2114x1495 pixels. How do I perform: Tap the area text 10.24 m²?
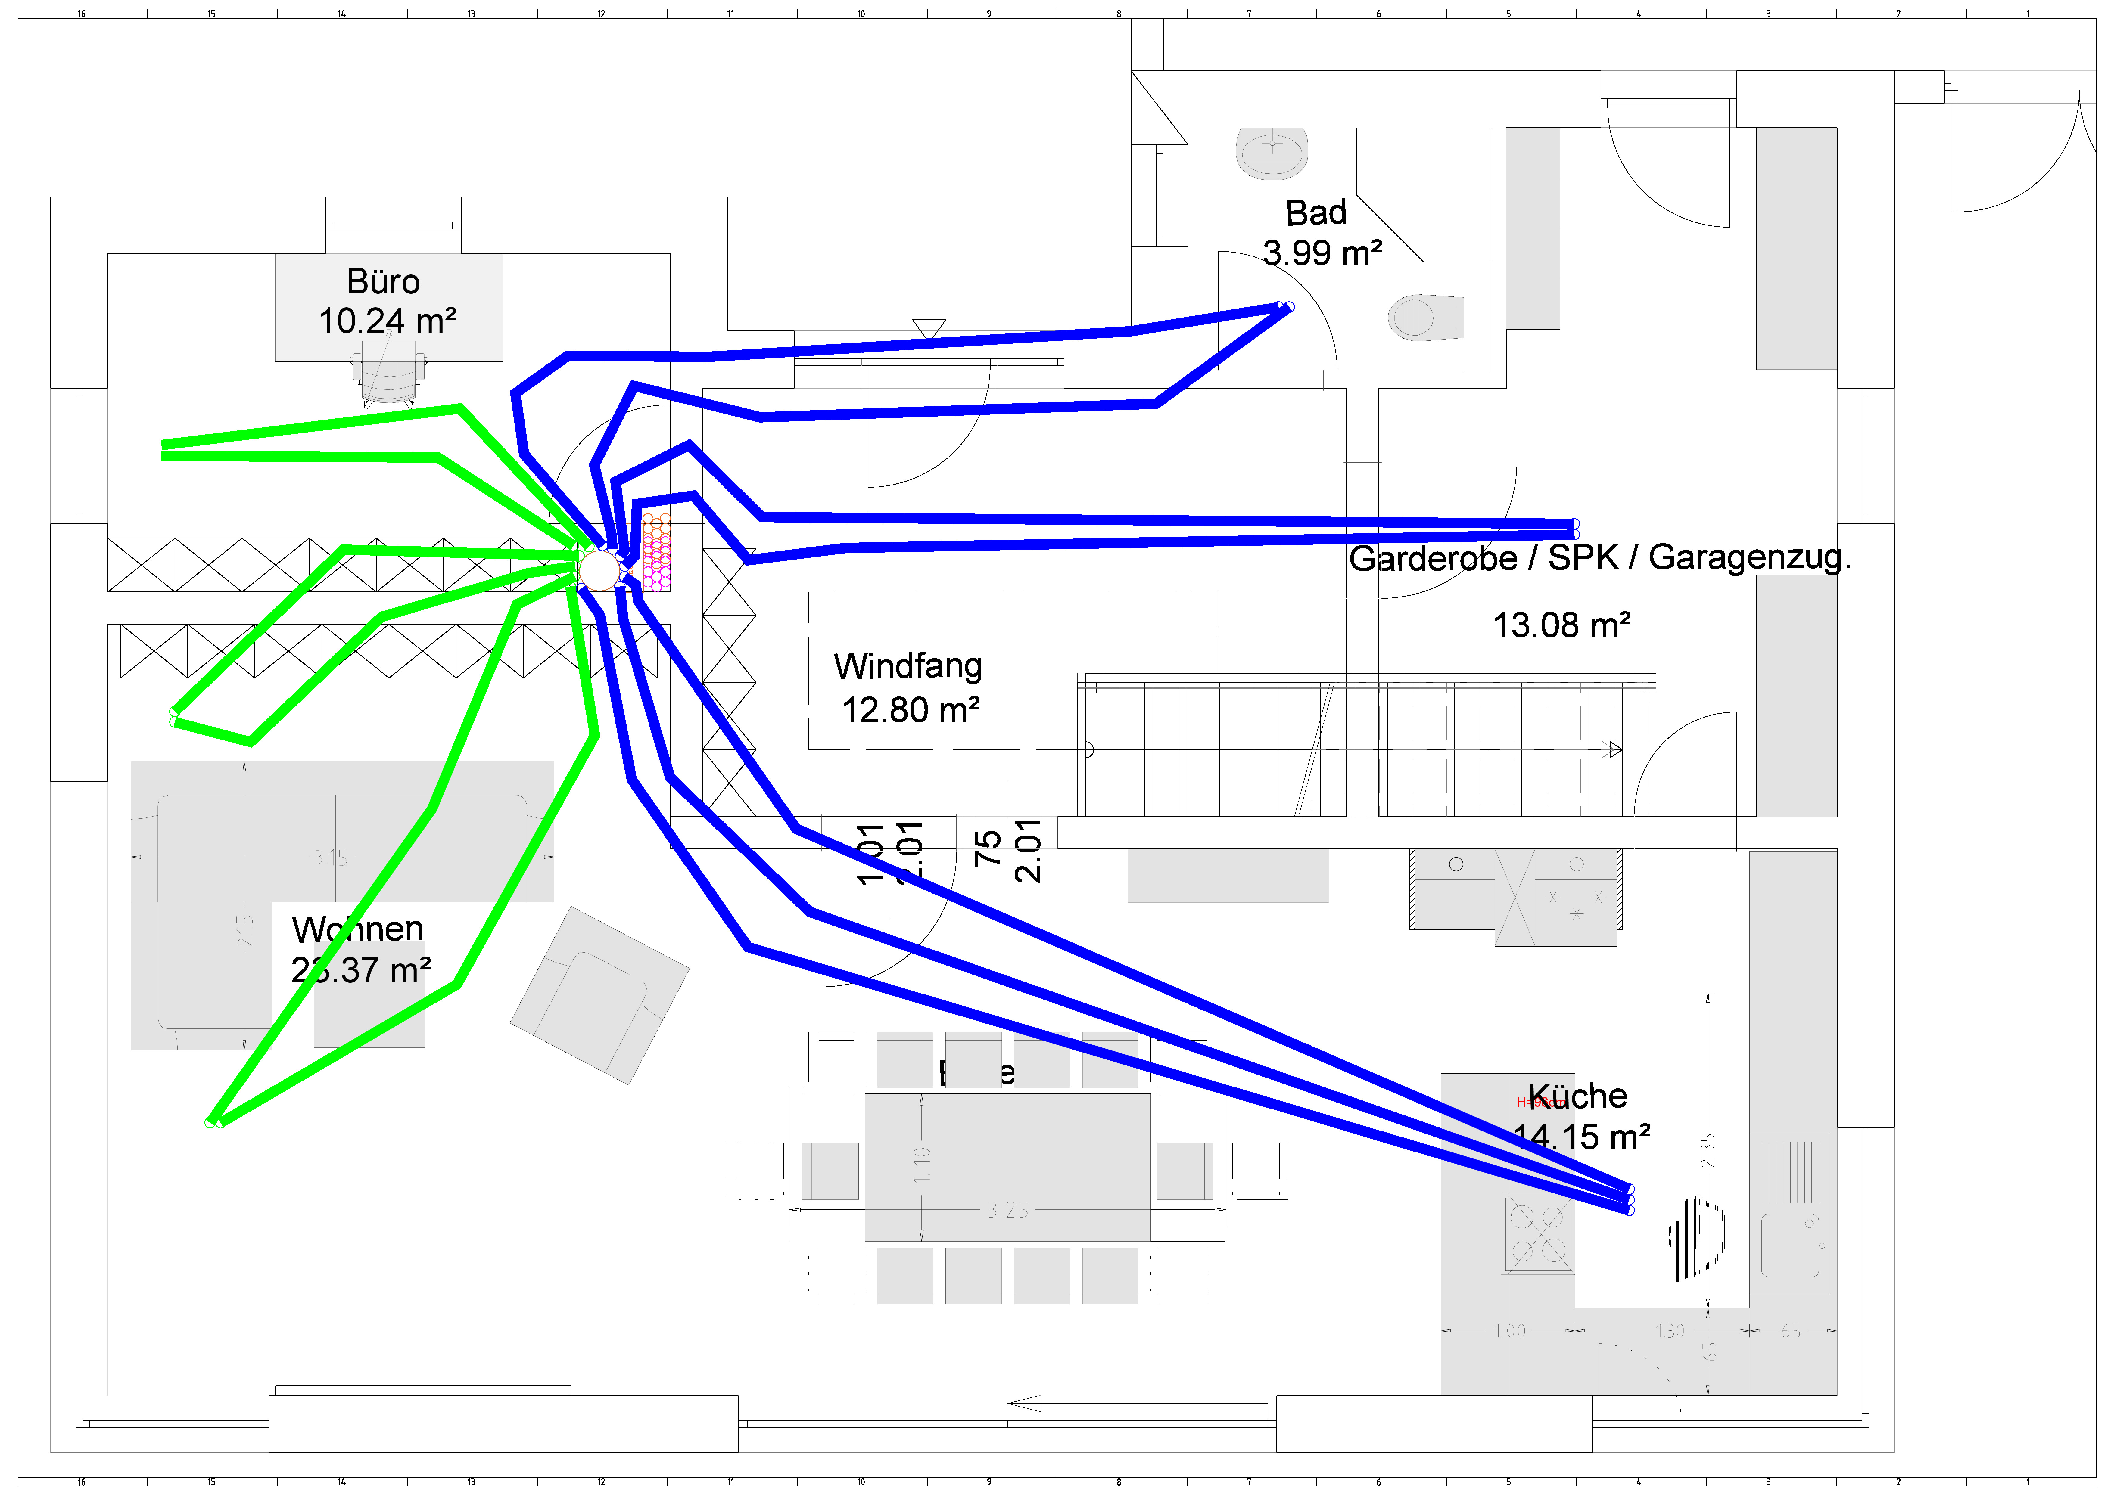388,321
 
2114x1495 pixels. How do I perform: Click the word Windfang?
908,665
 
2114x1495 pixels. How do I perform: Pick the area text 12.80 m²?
911,710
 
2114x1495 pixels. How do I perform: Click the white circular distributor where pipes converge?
599,570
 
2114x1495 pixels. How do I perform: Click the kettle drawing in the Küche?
1696,1238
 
